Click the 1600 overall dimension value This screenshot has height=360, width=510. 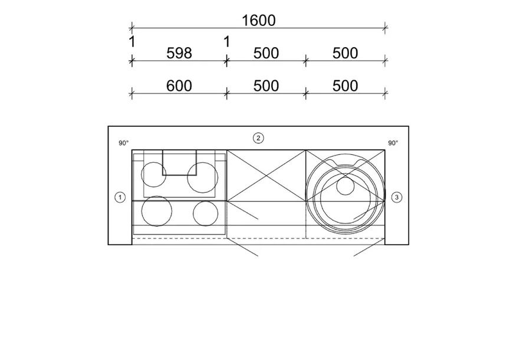(x=259, y=21)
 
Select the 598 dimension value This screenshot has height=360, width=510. (x=179, y=53)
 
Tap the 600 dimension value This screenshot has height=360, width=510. (x=179, y=86)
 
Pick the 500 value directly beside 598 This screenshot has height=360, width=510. (x=266, y=53)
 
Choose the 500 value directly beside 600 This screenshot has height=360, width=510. (x=266, y=86)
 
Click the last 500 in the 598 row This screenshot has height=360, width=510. (x=345, y=53)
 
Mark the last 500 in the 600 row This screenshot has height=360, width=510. (x=345, y=86)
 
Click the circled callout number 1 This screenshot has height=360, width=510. (x=120, y=197)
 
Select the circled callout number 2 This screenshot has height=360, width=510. (x=258, y=138)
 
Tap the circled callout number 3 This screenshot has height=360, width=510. (x=396, y=197)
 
